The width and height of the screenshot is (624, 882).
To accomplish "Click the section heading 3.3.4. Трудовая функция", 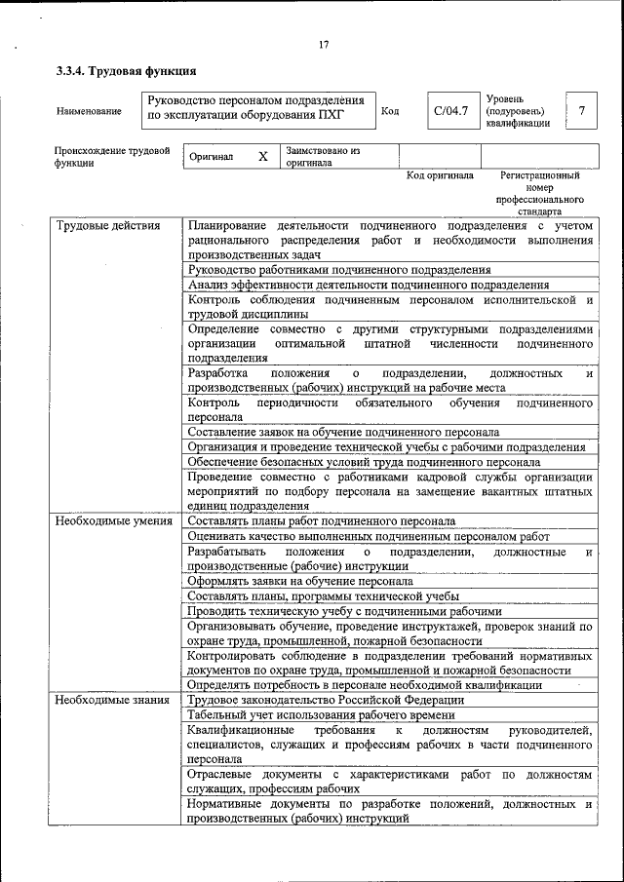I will tap(126, 71).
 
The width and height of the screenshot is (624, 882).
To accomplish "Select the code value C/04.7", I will tap(450, 110).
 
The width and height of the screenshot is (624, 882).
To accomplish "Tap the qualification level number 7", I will tap(581, 110).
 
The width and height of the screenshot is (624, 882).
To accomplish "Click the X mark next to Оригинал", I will tap(262, 157).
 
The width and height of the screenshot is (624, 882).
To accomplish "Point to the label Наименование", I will tap(89, 111).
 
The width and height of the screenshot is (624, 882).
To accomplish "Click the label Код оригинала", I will tap(440, 176).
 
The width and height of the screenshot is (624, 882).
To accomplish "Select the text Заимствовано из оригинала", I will tap(323, 157).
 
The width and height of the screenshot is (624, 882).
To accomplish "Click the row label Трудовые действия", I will tap(107, 227).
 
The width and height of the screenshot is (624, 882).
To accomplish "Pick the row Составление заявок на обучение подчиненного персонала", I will tap(343, 432).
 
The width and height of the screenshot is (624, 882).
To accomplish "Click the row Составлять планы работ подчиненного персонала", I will tap(321, 522).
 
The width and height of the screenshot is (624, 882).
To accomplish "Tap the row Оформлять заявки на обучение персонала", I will tap(300, 581).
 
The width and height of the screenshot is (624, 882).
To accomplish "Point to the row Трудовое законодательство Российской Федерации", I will tap(326, 700).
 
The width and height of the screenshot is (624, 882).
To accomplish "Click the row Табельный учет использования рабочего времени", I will tap(321, 715).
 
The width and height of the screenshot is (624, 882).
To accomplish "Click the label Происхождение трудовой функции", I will tap(112, 157).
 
